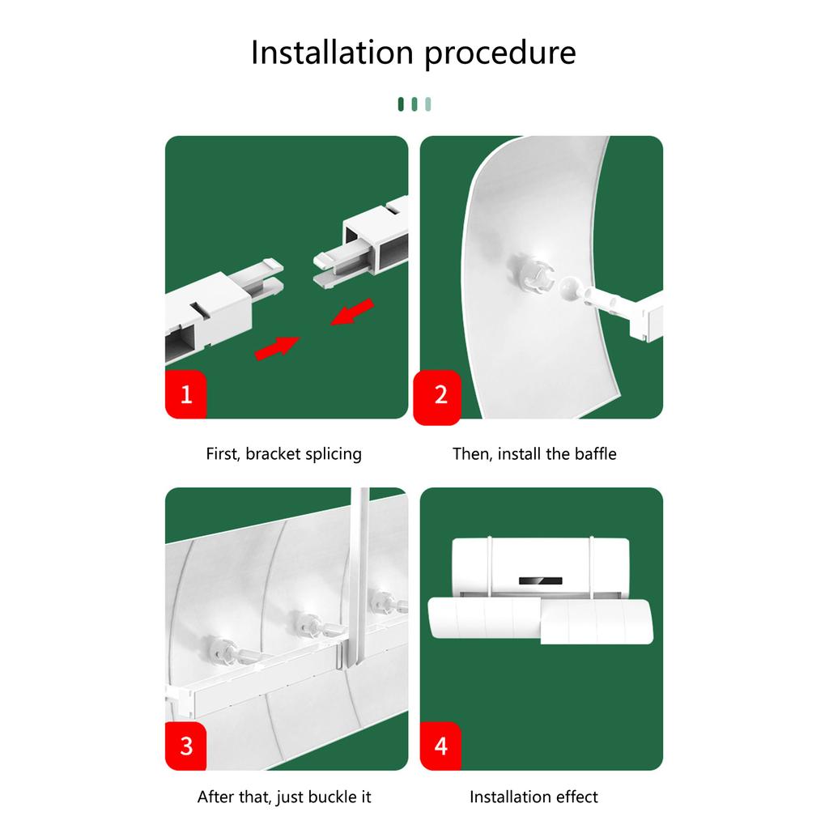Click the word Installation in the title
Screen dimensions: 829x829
click(x=332, y=52)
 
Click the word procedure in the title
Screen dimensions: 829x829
click(x=500, y=54)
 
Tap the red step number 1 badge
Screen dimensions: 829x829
click(x=185, y=394)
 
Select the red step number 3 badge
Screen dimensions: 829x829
click(x=185, y=746)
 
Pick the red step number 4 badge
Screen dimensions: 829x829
click(x=440, y=746)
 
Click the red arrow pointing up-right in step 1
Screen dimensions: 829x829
click(x=277, y=348)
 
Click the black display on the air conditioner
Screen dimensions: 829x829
click(x=540, y=581)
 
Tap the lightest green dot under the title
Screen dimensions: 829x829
click(x=428, y=104)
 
